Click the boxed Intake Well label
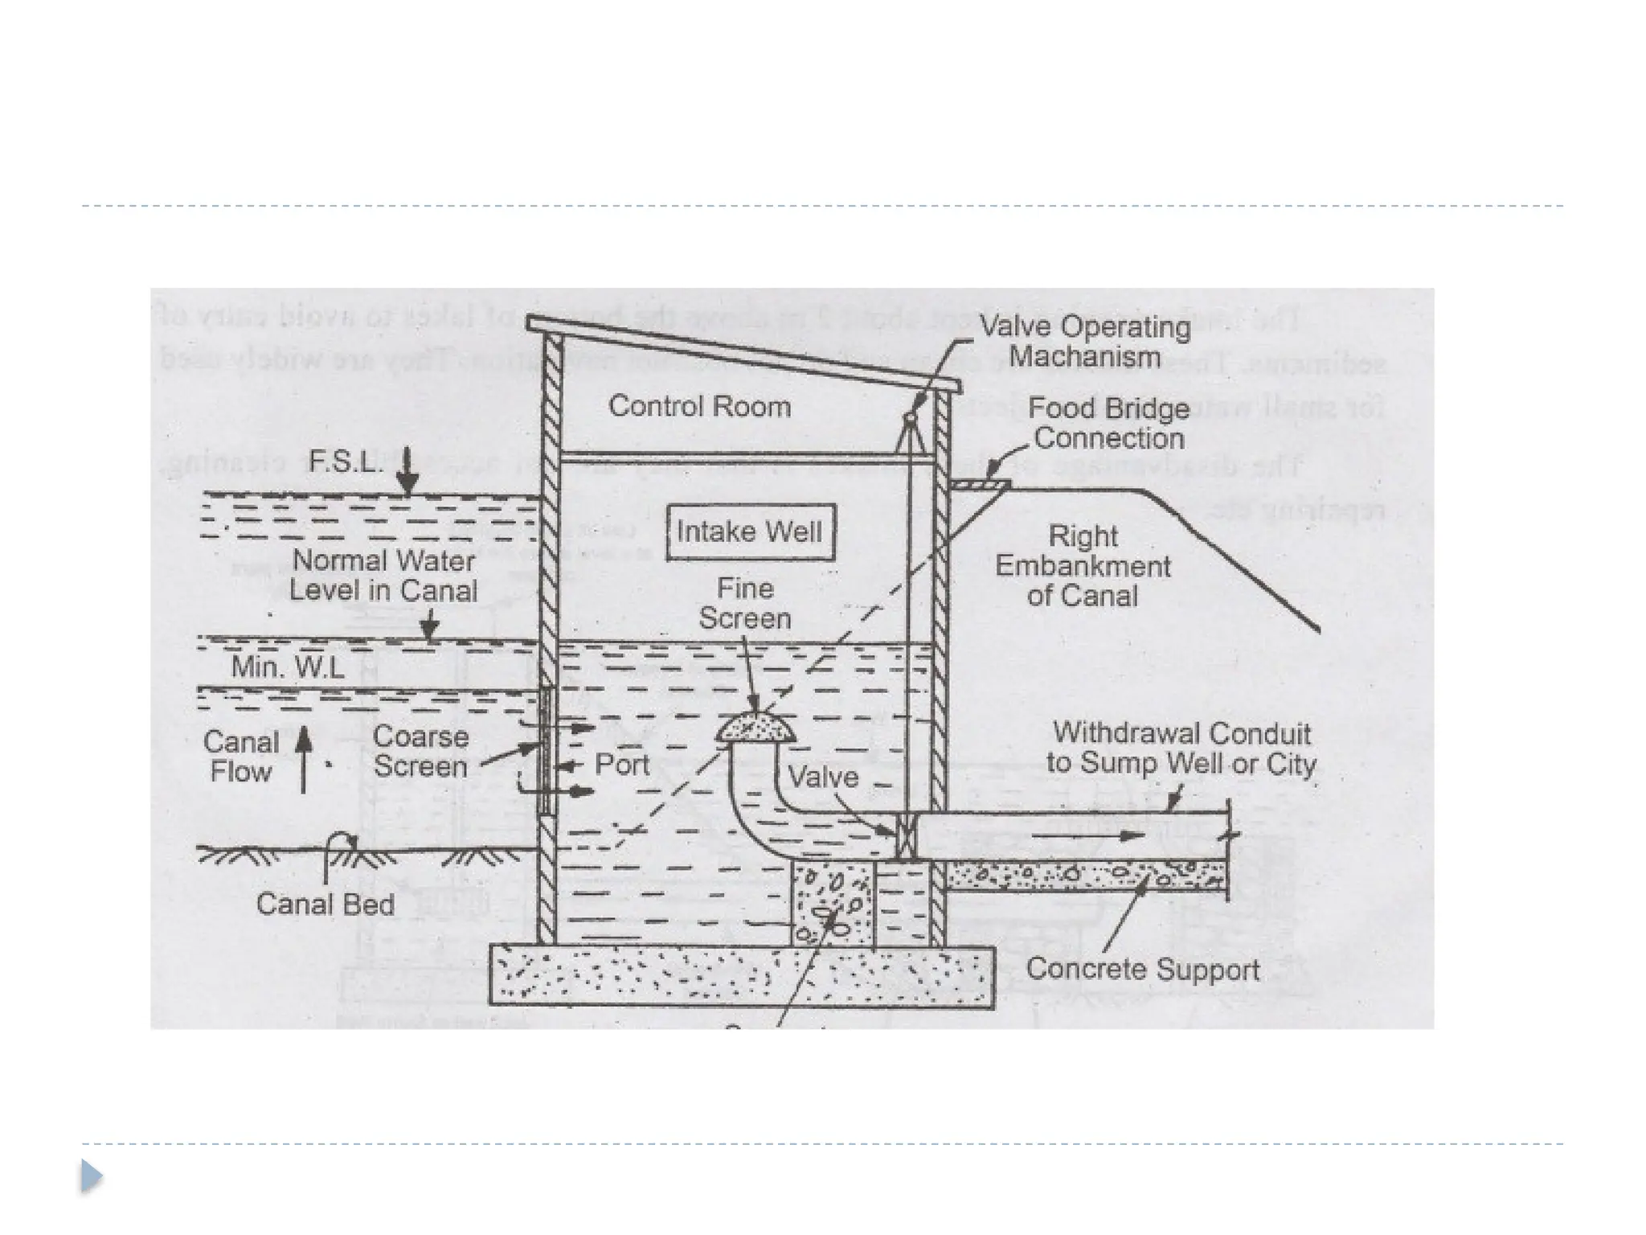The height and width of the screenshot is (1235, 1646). (750, 531)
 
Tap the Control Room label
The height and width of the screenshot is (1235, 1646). (699, 406)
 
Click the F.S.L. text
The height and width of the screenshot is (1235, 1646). (345, 462)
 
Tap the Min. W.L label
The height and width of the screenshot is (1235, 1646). (287, 667)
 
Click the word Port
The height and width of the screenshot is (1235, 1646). (621, 764)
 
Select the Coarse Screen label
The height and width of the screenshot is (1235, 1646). (420, 752)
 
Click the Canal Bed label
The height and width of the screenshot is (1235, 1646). (326, 904)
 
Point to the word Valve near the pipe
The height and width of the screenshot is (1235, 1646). (823, 777)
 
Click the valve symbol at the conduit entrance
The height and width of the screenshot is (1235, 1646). (907, 836)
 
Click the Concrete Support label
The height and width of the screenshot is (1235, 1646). (1143, 969)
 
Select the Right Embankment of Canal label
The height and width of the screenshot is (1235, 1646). (1083, 566)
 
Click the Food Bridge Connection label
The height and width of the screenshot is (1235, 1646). (1108, 423)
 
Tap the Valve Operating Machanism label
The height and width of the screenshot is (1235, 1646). (1084, 341)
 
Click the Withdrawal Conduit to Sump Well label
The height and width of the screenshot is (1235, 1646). (1181, 748)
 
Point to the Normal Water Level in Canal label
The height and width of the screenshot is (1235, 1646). (383, 575)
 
